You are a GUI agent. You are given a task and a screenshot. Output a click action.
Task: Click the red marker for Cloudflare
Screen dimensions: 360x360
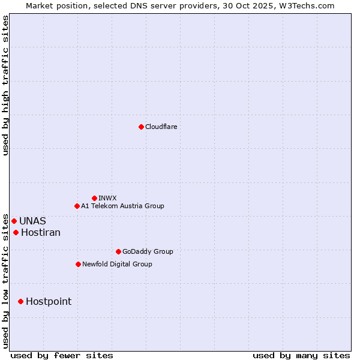click(x=141, y=127)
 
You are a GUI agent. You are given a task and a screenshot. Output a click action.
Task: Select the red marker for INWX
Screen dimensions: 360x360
click(x=94, y=198)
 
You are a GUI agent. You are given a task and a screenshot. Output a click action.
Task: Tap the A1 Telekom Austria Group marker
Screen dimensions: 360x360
click(x=77, y=206)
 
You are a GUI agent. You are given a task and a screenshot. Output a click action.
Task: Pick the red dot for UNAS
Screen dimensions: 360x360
click(x=14, y=221)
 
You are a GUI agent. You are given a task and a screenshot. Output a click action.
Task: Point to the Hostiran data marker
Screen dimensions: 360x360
click(x=16, y=232)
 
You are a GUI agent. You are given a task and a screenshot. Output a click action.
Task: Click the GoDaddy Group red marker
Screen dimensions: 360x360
click(x=118, y=251)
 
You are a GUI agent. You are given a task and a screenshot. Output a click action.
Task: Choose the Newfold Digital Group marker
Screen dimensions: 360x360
click(x=78, y=264)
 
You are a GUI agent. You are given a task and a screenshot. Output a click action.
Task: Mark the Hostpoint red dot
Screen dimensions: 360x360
click(x=20, y=301)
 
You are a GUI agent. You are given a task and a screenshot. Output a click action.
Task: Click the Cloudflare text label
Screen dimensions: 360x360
click(x=161, y=127)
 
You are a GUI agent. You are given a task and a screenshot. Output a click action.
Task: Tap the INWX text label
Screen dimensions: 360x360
click(x=107, y=198)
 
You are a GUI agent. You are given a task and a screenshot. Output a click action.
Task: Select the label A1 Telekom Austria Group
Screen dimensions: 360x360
click(x=122, y=206)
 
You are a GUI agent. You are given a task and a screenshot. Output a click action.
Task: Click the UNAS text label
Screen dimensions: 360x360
click(x=32, y=221)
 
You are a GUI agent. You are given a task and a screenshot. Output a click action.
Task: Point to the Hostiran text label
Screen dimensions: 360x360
click(x=41, y=232)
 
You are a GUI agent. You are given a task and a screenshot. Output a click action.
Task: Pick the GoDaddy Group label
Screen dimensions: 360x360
click(x=148, y=251)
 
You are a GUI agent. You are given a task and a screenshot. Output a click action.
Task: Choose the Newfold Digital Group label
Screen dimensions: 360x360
click(x=117, y=264)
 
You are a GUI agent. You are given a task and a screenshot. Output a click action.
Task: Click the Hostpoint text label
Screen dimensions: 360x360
click(x=49, y=301)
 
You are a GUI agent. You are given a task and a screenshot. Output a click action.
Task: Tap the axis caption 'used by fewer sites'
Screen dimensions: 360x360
click(x=62, y=355)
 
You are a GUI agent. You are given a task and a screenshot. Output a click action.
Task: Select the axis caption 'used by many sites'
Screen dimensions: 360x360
click(x=301, y=355)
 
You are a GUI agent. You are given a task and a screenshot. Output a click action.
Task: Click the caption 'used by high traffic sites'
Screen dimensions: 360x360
click(x=5, y=85)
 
